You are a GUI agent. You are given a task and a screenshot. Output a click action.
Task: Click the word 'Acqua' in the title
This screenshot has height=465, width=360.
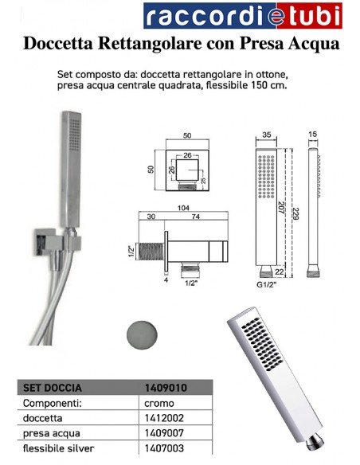coord(311,45)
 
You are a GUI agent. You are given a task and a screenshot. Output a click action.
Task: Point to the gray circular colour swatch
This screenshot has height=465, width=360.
coord(140,331)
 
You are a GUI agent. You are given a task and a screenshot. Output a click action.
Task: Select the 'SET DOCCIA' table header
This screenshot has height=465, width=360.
coord(49,389)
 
